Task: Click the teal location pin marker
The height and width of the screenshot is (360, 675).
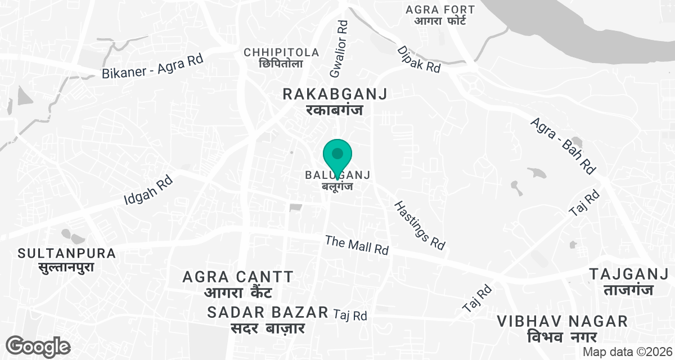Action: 337,156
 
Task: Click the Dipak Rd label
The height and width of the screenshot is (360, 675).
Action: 418,58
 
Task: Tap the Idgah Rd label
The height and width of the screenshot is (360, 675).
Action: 148,190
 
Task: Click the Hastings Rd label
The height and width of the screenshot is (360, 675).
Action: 419,225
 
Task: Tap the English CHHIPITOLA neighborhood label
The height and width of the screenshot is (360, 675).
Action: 281,52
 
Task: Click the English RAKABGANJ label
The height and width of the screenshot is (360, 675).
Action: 335,94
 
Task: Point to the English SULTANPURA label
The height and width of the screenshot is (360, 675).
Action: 67,253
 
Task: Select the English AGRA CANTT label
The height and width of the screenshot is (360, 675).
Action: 238,277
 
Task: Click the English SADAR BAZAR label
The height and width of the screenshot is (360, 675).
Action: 268,312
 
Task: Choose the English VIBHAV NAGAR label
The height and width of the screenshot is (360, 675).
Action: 562,321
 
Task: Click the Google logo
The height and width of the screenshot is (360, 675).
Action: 38,345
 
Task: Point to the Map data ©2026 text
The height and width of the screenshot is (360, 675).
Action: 627,352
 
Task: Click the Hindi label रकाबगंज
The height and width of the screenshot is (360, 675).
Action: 335,110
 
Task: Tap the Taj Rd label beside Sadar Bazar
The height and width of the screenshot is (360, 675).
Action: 350,315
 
